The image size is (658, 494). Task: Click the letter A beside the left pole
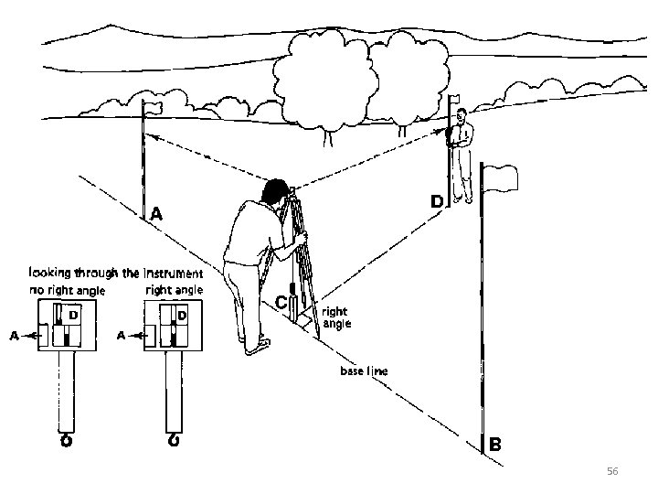click(156, 215)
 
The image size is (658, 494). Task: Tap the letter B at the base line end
click(495, 446)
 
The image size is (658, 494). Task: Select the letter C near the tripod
click(281, 302)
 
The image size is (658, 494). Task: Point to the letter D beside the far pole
click(437, 200)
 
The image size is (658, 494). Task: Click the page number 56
click(612, 470)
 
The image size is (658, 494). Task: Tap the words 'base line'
click(364, 371)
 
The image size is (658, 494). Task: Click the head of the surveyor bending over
click(274, 192)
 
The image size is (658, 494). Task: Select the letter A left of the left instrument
click(15, 336)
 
